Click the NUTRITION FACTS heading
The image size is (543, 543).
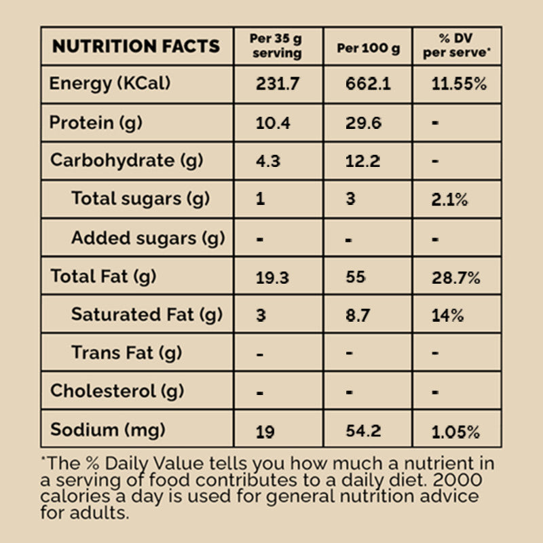coord(136,46)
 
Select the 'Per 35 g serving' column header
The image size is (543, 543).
coord(277,46)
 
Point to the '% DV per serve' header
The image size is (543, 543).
coord(456,46)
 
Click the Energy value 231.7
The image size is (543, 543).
coord(278,85)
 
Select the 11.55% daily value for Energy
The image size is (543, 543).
coord(460,85)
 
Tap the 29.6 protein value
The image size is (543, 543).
coord(363,123)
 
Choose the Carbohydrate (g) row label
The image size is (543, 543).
coord(113,161)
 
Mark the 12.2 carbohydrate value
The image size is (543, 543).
coord(363,162)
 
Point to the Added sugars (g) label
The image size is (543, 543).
coord(148,238)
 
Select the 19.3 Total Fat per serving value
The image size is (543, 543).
coord(273,277)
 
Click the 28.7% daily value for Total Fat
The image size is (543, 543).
coord(456,277)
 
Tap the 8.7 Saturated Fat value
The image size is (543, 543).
coord(357,315)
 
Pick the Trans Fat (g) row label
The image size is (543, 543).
coord(126,353)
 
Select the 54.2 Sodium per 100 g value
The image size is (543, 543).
coord(363,431)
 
